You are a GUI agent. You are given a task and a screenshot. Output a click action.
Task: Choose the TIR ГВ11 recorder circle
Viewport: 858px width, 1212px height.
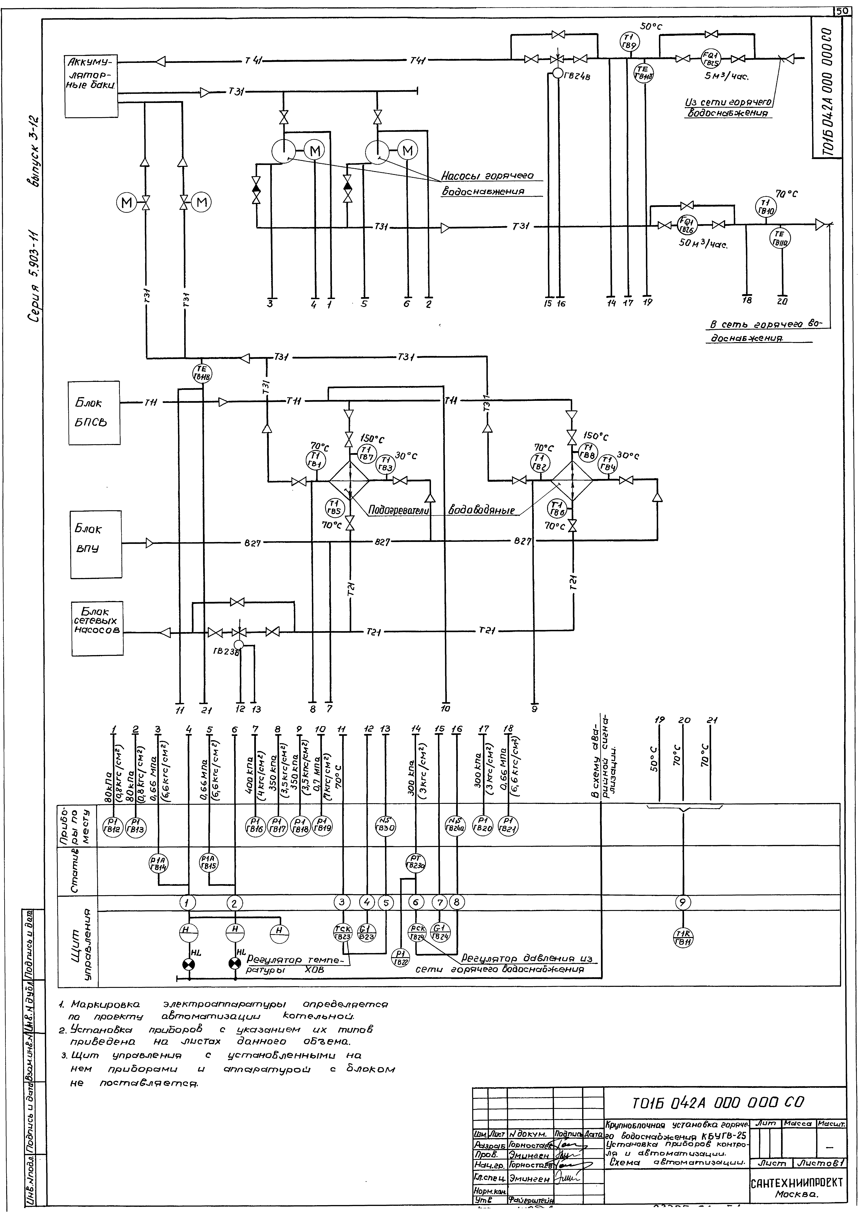click(x=684, y=938)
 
